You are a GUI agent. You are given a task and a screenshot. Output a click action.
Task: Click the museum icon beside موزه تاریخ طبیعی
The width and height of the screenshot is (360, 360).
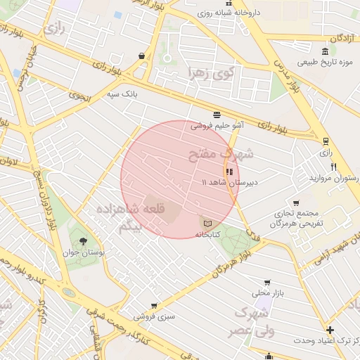pos(323,51)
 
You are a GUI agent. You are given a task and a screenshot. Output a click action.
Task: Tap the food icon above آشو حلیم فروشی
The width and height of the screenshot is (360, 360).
pos(217,114)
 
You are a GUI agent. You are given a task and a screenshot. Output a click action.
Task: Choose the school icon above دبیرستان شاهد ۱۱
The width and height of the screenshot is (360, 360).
pos(229,171)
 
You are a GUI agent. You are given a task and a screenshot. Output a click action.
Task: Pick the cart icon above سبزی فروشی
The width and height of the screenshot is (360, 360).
pos(154,306)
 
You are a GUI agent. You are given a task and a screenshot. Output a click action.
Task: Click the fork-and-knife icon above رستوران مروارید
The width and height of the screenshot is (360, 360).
pos(334,167)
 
